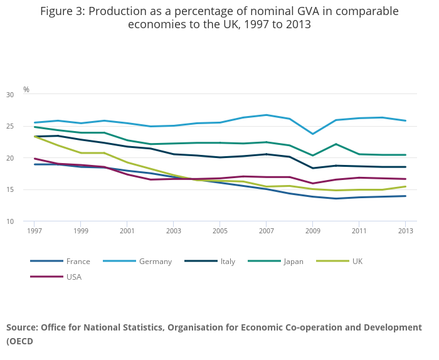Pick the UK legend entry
[x=357, y=262]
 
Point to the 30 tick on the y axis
[x=27, y=95]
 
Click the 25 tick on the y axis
[x=27, y=127]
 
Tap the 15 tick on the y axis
[x=27, y=190]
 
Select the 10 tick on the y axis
[x=27, y=221]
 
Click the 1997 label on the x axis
[x=34, y=231]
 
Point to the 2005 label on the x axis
[x=219, y=231]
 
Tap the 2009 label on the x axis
[x=312, y=231]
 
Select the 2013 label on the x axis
[x=405, y=231]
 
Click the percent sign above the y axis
[x=26, y=90]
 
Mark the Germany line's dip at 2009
[x=312, y=134]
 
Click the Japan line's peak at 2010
[x=336, y=144]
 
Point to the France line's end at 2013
[x=405, y=196]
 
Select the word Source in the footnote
[x=21, y=327]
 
